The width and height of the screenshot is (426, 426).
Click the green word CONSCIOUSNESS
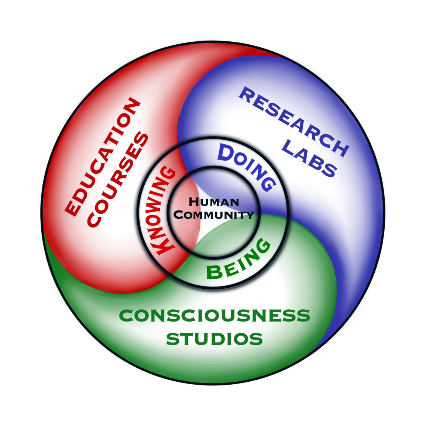214,316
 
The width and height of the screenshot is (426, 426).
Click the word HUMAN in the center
214,202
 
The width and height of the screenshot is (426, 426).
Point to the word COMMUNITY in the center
214,214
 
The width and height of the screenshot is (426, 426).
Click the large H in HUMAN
193,202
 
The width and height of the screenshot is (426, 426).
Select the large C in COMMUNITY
179,214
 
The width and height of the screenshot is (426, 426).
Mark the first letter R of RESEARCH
246,94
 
